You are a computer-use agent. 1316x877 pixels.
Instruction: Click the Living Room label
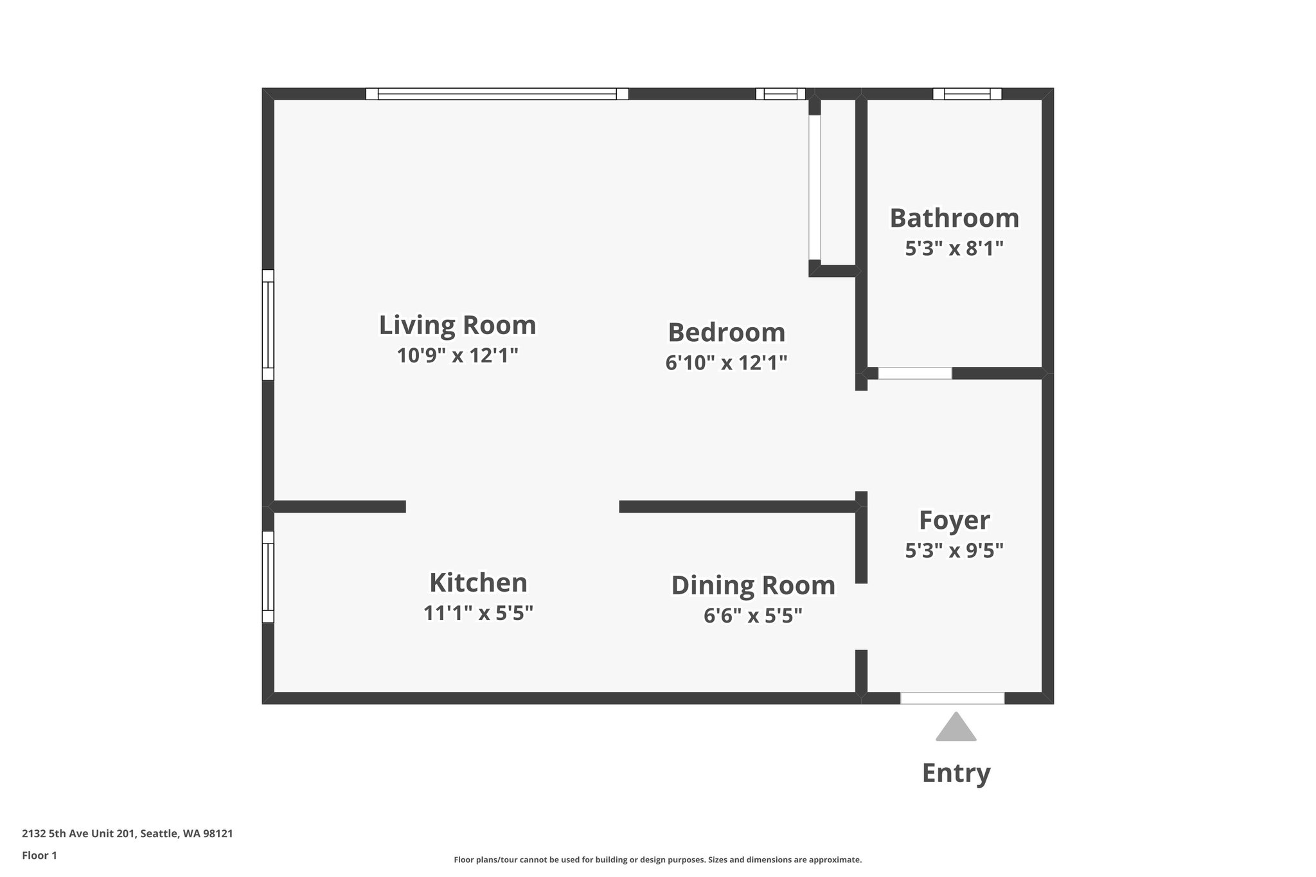coord(457,325)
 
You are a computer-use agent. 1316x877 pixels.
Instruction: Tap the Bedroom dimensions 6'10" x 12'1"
coord(726,363)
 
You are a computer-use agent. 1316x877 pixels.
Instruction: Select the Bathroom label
coord(954,218)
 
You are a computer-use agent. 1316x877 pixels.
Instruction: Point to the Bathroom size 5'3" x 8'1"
coord(954,249)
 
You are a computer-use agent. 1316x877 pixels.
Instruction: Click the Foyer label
coord(954,520)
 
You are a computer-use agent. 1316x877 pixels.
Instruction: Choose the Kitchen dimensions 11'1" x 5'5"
coord(478,613)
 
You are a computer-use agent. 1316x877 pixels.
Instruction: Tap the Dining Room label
coord(752,585)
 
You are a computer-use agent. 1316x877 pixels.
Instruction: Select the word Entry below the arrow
coord(956,772)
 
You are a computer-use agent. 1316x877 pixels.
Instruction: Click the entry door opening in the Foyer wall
coord(952,698)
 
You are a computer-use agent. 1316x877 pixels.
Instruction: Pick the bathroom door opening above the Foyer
coord(914,373)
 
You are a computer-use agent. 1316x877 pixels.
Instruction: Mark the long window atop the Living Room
coord(497,94)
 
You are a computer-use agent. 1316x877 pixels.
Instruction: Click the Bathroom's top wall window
coord(966,94)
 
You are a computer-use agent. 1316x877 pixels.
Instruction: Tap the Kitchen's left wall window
coord(268,576)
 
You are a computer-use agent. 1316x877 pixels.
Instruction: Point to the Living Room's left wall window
coord(268,324)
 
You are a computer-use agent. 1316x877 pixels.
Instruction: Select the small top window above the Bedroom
coord(780,94)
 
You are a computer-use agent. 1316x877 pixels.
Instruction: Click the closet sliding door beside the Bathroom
coord(814,187)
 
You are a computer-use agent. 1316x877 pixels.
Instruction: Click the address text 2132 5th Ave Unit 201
coord(127,834)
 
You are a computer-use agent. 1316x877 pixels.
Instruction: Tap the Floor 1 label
coord(39,855)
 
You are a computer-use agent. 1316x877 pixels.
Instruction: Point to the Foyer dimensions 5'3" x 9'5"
coord(954,551)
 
